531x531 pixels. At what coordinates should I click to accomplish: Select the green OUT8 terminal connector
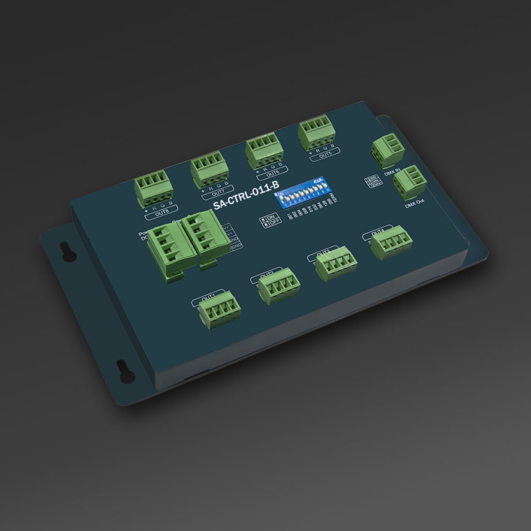[x=151, y=191]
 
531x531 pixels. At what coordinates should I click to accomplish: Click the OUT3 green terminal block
[x=336, y=264]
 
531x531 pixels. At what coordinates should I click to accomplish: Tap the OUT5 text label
[x=325, y=155]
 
